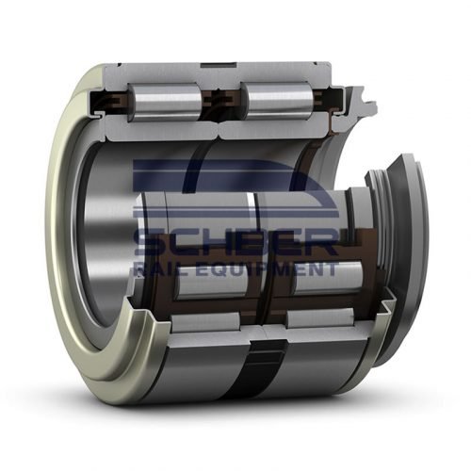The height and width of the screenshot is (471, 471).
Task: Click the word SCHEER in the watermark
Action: [x=235, y=242]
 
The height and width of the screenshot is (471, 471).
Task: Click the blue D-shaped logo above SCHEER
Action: [x=235, y=193]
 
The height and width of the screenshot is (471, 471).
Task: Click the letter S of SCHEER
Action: [x=148, y=242]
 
